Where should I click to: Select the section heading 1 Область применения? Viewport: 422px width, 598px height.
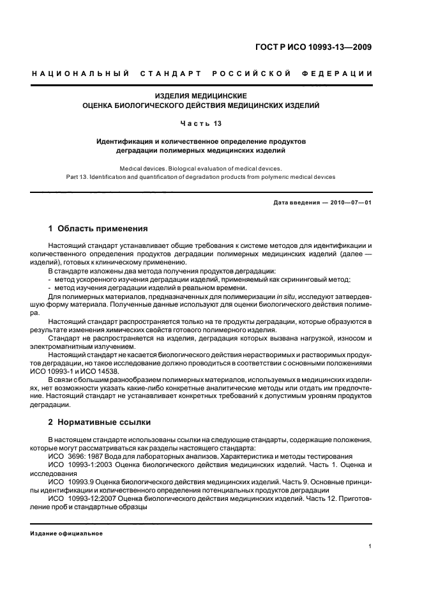pyautogui.click(x=98, y=228)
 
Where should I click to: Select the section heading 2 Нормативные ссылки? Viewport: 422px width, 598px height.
pyautogui.click(x=101, y=422)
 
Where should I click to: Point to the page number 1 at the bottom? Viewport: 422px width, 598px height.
pyautogui.click(x=370, y=546)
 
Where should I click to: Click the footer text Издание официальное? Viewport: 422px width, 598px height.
pyautogui.click(x=66, y=533)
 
